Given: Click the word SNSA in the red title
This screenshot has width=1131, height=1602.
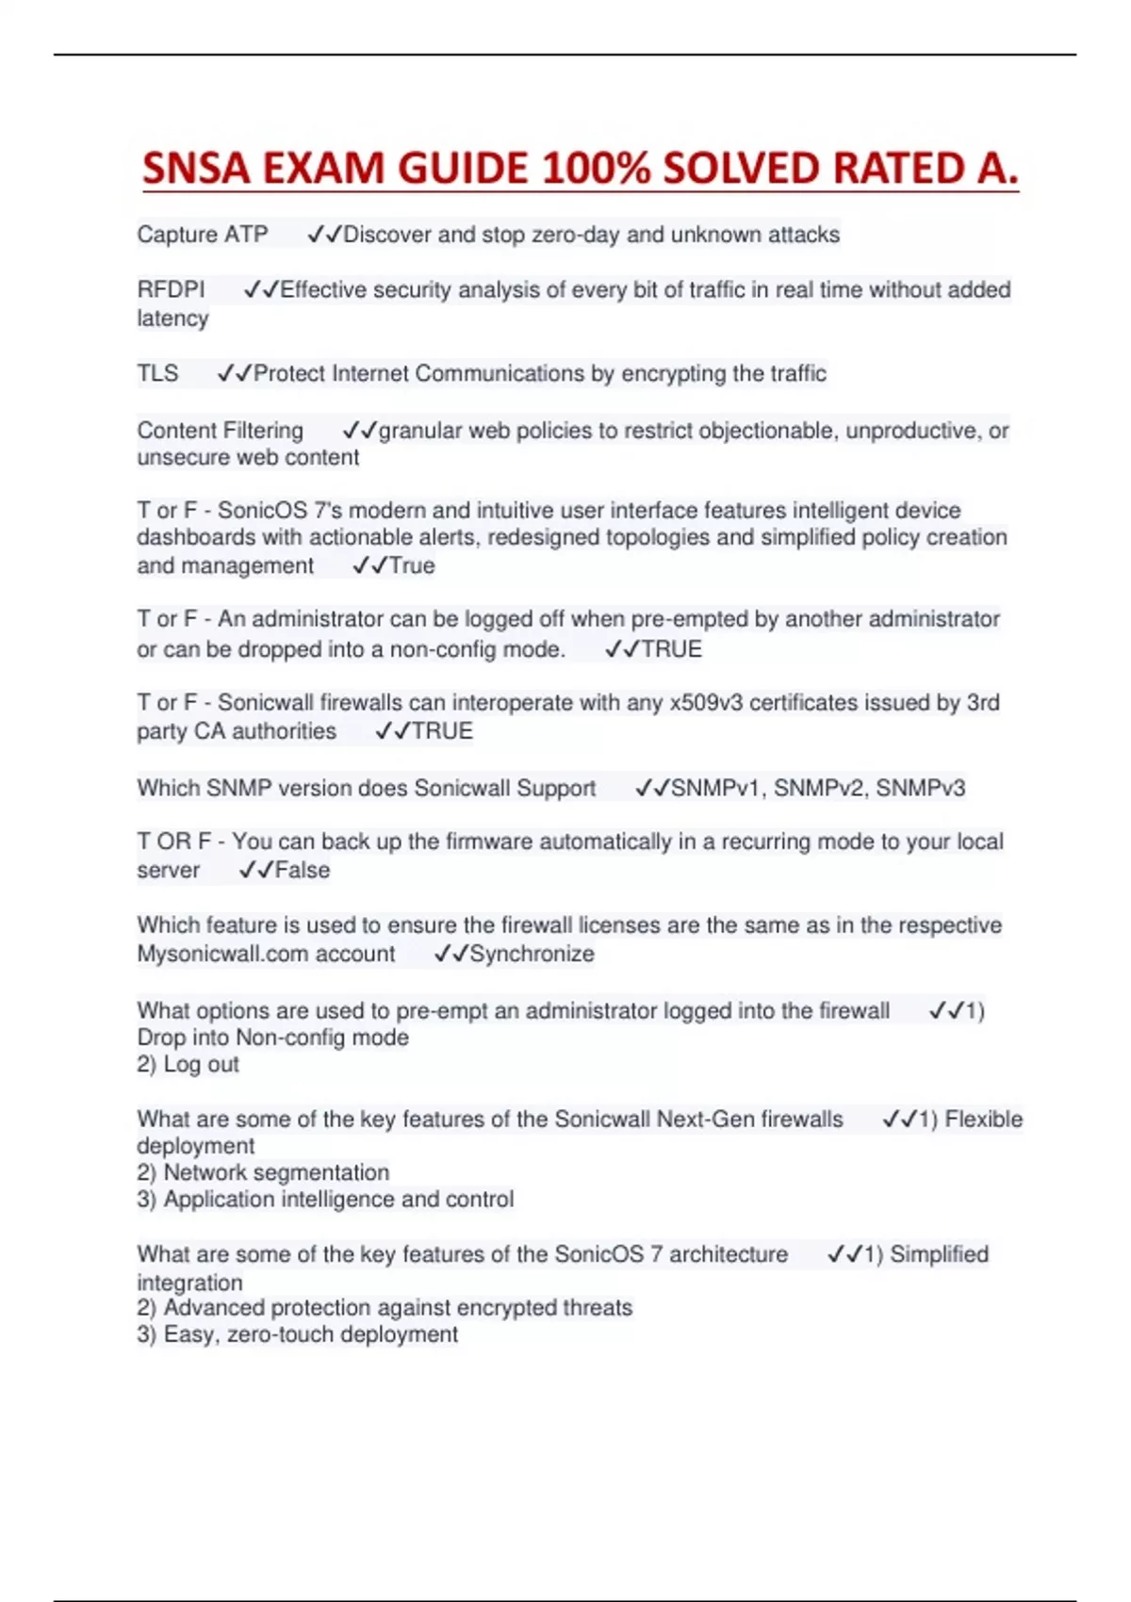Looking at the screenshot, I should point(196,169).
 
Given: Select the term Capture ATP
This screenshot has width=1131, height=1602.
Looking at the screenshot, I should point(203,235).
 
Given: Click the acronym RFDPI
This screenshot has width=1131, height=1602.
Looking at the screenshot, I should point(171,290).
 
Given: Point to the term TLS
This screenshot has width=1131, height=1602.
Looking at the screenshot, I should point(157,374).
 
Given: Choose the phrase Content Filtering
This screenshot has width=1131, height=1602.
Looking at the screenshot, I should point(221,431).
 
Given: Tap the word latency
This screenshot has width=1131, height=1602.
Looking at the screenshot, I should point(172,319).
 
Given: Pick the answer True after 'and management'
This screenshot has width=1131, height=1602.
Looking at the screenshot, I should point(412,566).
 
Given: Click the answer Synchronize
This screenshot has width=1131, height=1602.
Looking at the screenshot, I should point(532,955).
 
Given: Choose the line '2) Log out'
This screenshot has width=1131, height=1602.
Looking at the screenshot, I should point(188,1065).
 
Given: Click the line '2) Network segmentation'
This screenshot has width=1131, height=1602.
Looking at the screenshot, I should point(263,1173).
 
